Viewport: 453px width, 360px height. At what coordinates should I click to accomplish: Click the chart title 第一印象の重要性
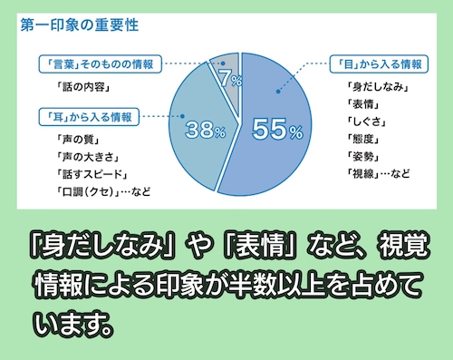click(79, 25)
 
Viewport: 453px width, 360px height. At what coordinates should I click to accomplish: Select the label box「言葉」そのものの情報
click(101, 64)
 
